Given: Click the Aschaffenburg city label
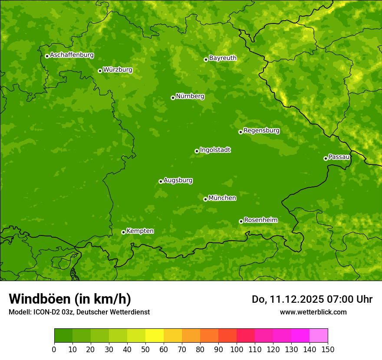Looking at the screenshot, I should tap(72, 55).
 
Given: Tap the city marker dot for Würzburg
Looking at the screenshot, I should tap(100, 71).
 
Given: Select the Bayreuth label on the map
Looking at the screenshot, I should tap(223, 58).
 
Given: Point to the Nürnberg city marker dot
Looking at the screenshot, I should tap(173, 98).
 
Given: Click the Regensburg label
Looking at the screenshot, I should tap(261, 131).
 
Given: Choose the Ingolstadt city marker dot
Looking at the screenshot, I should tap(197, 151).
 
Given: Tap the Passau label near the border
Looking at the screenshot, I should tap(339, 157).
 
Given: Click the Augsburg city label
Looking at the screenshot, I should tap(178, 180).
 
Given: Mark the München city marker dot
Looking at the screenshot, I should tap(205, 199).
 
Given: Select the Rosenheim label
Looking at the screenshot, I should tap(260, 220).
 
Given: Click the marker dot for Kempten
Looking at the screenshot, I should tap(123, 232).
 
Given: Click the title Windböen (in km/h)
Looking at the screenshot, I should tap(69, 299).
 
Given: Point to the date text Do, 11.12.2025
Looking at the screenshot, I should tap(287, 299).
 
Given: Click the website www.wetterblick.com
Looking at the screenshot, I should tap(313, 312).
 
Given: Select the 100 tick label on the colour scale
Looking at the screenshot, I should tap(237, 349).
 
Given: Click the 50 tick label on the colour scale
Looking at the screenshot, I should tap(145, 349).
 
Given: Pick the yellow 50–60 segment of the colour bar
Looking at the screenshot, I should tap(155, 336).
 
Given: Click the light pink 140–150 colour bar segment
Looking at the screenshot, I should tap(319, 336).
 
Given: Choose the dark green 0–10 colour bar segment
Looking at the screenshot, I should tap(63, 336).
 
